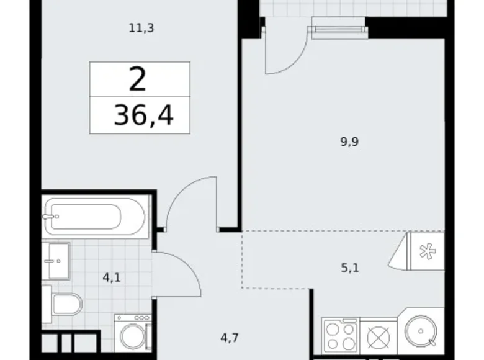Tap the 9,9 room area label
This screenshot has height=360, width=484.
(350, 141)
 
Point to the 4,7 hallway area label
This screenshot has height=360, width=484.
(229, 338)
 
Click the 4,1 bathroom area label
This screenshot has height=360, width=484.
(112, 277)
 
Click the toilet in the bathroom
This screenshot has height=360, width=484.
(67, 305)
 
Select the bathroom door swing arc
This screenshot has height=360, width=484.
(181, 273)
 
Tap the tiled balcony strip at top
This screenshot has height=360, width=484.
(354, 7)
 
